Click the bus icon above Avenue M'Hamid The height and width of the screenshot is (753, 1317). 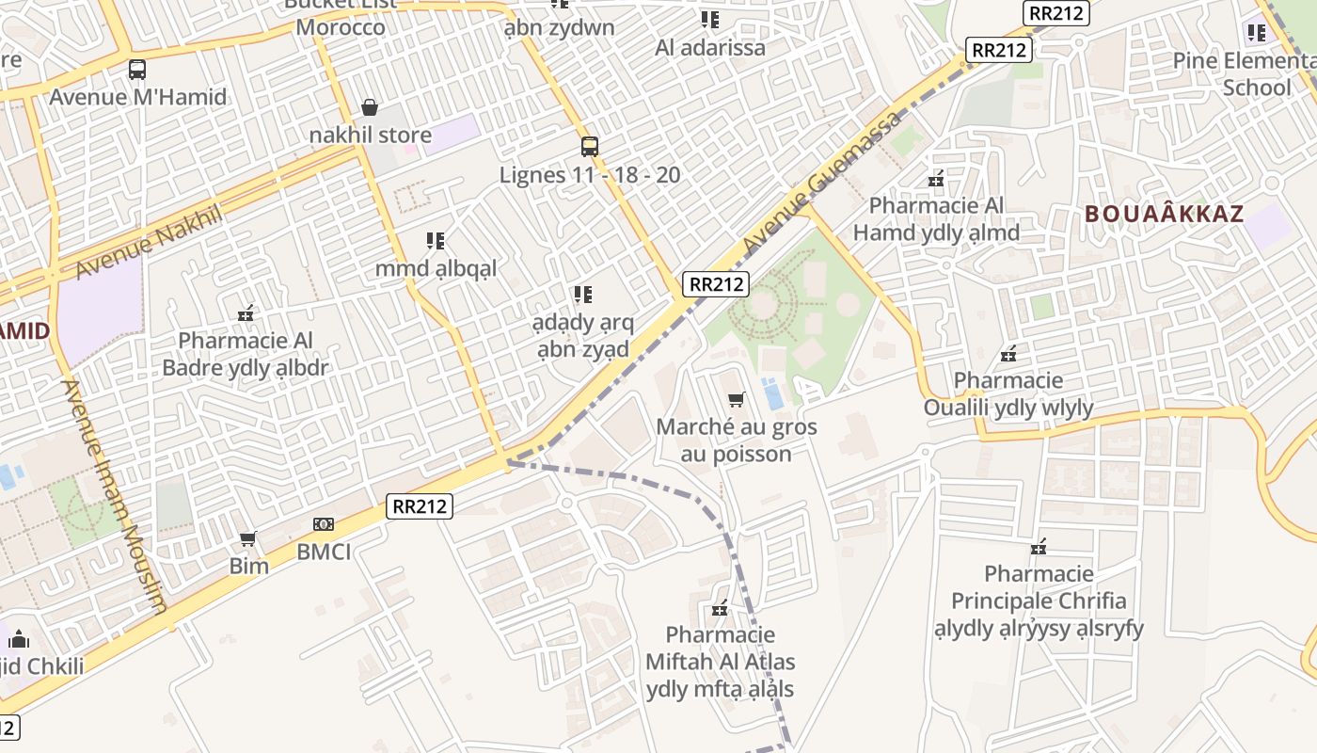click(137, 69)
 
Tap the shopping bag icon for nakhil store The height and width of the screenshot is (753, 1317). click(371, 107)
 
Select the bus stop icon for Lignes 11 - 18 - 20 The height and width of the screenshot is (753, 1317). click(590, 147)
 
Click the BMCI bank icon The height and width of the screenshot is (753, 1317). click(324, 523)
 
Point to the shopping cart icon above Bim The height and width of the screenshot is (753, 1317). click(248, 538)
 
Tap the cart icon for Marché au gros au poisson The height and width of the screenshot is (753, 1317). click(737, 399)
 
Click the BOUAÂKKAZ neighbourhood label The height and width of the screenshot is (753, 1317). click(1164, 214)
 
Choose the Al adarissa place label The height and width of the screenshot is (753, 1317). click(710, 47)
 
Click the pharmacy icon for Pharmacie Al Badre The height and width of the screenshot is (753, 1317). click(246, 313)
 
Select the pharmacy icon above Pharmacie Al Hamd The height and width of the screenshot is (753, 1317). click(936, 178)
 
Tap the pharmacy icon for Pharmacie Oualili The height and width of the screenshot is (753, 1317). click(1008, 354)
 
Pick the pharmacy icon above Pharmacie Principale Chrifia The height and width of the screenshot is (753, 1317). click(1039, 546)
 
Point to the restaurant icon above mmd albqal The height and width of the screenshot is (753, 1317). click(435, 241)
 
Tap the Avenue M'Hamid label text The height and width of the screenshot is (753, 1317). click(137, 96)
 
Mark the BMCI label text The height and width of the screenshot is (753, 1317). click(324, 551)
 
